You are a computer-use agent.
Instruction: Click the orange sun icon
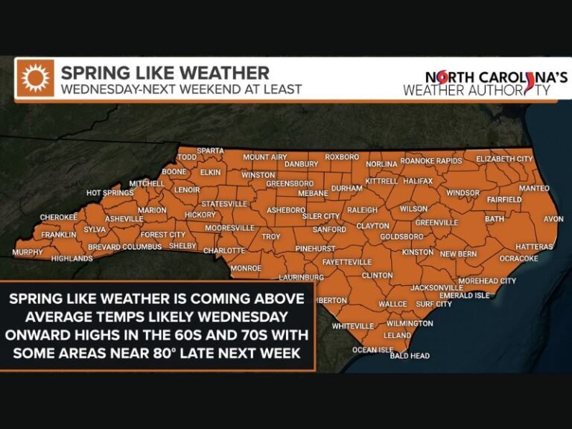(35, 79)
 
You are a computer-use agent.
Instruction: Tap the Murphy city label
(28, 252)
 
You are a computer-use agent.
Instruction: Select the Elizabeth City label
(504, 159)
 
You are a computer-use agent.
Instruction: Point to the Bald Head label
(410, 356)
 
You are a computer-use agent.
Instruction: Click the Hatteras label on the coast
(534, 246)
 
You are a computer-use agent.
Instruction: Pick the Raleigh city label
(363, 210)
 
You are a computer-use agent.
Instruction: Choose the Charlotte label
(224, 250)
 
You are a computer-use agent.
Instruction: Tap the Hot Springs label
(109, 193)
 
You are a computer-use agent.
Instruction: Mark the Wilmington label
(410, 324)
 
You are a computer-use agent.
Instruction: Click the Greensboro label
(290, 183)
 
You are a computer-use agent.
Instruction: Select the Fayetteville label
(346, 262)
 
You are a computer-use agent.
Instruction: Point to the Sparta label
(211, 150)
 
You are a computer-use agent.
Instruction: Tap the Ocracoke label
(518, 258)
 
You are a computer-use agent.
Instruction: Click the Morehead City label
(486, 281)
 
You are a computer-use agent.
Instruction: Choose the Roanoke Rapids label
(431, 161)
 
